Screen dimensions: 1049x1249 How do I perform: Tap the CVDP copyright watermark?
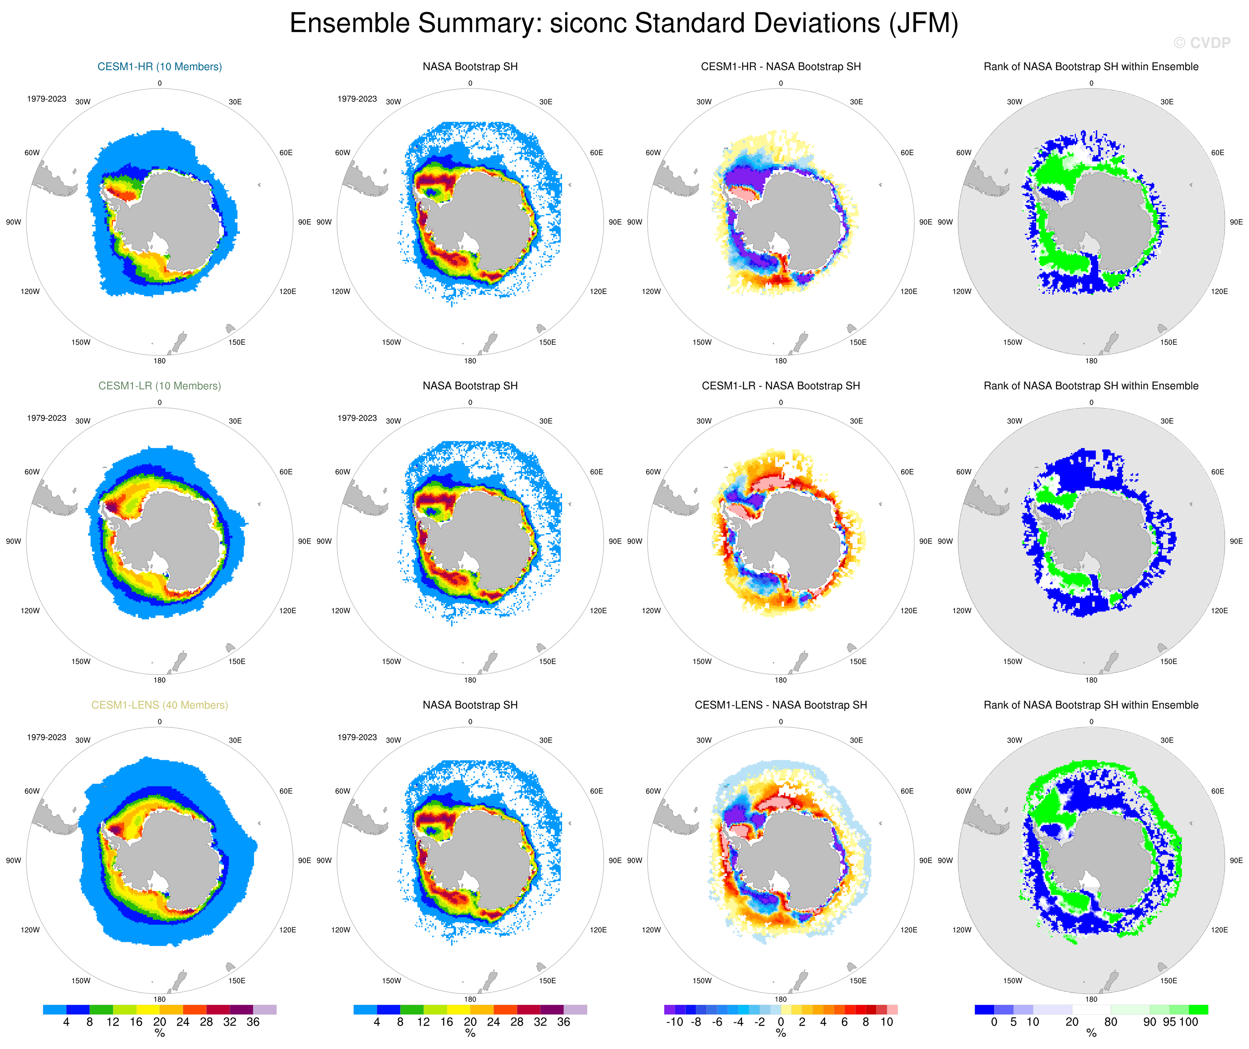(x=1202, y=43)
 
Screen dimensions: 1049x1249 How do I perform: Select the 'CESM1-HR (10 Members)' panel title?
(x=159, y=67)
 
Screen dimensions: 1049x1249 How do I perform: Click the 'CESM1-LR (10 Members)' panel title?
(x=159, y=386)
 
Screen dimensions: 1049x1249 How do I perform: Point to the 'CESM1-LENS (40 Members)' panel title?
(x=159, y=705)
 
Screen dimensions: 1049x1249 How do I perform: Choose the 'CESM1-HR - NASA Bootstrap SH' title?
(x=780, y=67)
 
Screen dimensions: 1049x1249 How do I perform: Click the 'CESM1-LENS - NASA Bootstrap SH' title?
(x=780, y=705)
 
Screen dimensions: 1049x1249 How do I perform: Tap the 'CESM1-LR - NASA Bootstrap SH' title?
(x=780, y=386)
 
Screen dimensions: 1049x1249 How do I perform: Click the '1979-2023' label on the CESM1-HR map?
(x=46, y=99)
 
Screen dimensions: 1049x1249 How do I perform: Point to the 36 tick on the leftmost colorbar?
(x=253, y=1022)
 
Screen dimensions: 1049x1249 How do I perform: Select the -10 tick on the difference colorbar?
(x=674, y=1022)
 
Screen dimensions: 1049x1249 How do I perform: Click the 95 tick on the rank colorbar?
(x=1169, y=1022)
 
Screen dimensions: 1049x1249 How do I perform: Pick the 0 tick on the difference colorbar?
(x=780, y=1022)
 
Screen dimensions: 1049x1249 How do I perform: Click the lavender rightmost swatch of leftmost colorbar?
(x=265, y=1010)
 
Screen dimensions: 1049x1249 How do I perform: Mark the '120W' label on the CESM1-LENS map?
(x=30, y=930)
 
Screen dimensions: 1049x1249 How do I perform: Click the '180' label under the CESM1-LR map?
(x=159, y=680)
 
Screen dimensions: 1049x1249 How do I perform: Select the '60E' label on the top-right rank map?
(x=1217, y=153)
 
